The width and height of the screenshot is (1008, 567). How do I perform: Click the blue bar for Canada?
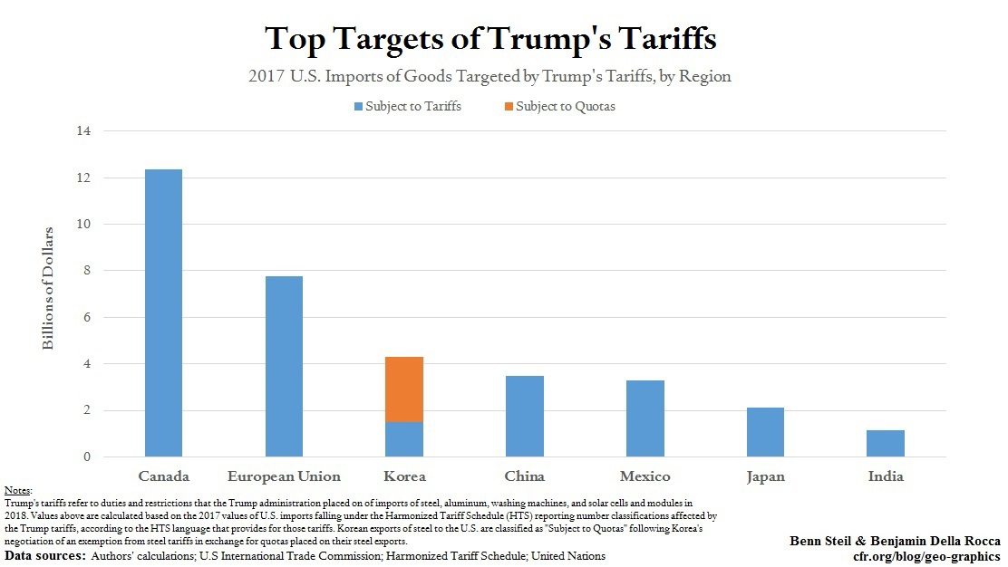pyautogui.click(x=163, y=312)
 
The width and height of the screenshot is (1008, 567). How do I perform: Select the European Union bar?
pyautogui.click(x=284, y=366)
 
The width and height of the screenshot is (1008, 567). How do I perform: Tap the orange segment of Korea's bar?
pyautogui.click(x=404, y=389)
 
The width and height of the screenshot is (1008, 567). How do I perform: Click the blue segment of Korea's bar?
pyautogui.click(x=404, y=439)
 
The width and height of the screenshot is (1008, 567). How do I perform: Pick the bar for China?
pyautogui.click(x=525, y=416)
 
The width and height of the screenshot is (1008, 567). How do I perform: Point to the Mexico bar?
pyautogui.click(x=645, y=418)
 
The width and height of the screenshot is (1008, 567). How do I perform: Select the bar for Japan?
pyautogui.click(x=765, y=432)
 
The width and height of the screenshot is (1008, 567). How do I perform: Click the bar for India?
pyautogui.click(x=886, y=443)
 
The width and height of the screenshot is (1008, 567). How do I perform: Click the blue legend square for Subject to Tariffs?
pyautogui.click(x=358, y=106)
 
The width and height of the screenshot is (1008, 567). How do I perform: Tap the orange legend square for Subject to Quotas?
pyautogui.click(x=509, y=106)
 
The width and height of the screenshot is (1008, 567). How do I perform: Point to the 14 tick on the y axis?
pyautogui.click(x=84, y=131)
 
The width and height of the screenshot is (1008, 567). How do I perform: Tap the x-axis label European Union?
pyautogui.click(x=284, y=476)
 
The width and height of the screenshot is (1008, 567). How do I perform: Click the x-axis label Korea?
pyautogui.click(x=404, y=476)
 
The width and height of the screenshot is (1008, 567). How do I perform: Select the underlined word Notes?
pyautogui.click(x=18, y=490)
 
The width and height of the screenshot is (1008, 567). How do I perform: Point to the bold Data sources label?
pyautogui.click(x=43, y=555)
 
